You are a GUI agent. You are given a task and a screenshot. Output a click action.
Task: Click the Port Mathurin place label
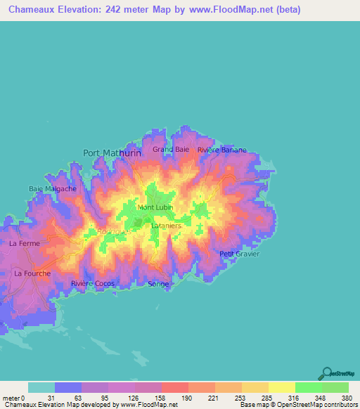tap(112, 152)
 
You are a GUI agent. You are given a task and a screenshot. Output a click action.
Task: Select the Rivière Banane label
tap(219, 150)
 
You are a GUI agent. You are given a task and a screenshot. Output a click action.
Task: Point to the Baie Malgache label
tap(53, 188)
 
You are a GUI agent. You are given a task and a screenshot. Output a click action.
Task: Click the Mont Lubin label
tap(155, 207)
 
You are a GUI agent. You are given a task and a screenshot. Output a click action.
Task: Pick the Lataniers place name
tap(167, 226)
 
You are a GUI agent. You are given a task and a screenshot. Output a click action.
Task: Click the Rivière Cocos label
tap(92, 283)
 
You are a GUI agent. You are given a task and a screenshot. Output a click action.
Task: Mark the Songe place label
tap(159, 284)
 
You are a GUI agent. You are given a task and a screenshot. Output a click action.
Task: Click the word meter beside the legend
tap(10, 397)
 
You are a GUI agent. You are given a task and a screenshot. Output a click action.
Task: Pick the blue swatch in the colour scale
tap(68, 387)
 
